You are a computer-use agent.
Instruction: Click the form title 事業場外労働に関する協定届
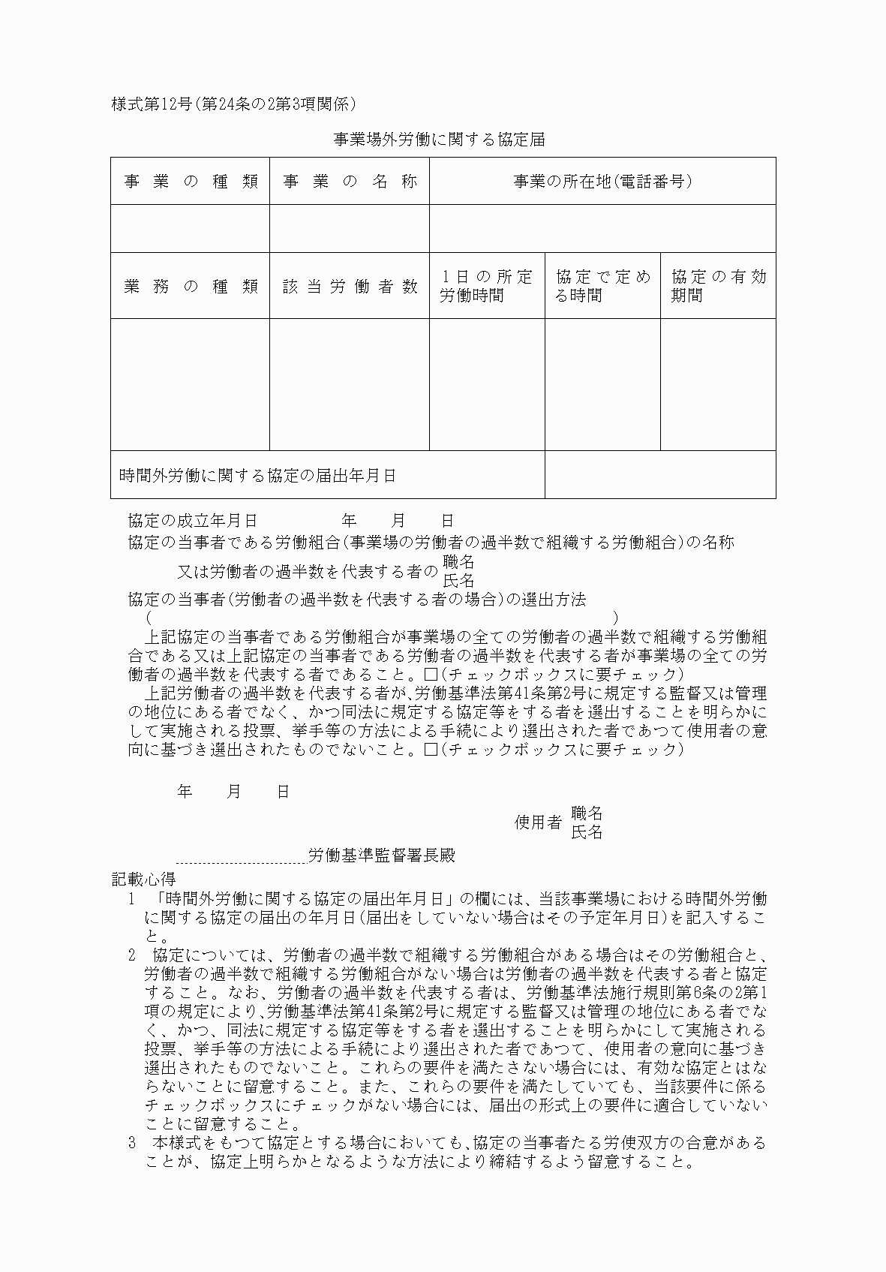tap(439, 140)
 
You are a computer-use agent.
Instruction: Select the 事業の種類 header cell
tap(191, 182)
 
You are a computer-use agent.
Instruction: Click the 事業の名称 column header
tap(350, 182)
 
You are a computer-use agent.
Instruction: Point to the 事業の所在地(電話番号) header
tap(602, 182)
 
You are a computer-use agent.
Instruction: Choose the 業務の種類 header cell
tap(191, 286)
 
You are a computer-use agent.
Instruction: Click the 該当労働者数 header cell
tap(350, 286)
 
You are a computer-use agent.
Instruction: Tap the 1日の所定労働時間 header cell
tap(487, 286)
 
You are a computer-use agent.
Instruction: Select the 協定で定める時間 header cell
tap(602, 286)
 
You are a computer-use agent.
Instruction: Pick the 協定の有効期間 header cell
tap(718, 286)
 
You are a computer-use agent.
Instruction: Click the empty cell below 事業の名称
tap(350, 229)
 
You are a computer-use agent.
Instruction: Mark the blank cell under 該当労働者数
tap(350, 384)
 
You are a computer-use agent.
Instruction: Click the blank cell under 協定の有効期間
tap(718, 384)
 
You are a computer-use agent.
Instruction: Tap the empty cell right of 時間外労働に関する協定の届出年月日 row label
tap(660, 475)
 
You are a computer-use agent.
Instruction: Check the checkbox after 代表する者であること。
tap(431, 674)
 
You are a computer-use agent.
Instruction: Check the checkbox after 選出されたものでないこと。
tap(431, 750)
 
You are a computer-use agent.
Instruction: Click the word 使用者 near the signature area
tap(537, 822)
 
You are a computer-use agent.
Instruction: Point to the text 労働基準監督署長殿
tap(382, 856)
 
